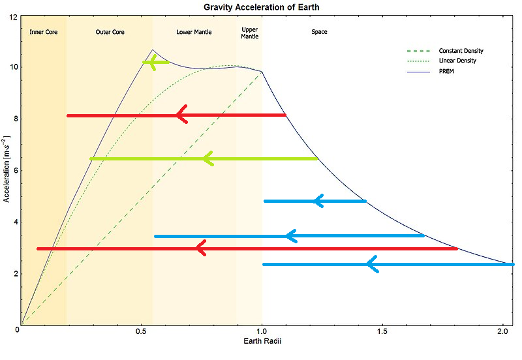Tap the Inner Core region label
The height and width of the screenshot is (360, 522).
(44, 32)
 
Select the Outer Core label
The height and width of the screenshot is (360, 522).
(110, 32)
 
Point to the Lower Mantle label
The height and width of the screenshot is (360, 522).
(194, 32)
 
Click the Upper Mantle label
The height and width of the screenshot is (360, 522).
(250, 33)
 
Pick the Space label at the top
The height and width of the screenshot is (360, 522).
(319, 32)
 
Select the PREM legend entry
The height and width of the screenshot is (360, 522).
(446, 70)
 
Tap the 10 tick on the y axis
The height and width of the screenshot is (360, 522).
(12, 67)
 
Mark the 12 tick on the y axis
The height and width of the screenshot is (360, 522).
(12, 16)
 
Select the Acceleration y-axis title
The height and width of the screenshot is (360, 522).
(7, 170)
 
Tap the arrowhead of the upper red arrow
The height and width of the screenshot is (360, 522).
(181, 115)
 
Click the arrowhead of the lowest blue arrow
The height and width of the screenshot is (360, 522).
(371, 264)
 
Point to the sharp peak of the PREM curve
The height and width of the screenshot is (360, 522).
(153, 50)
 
